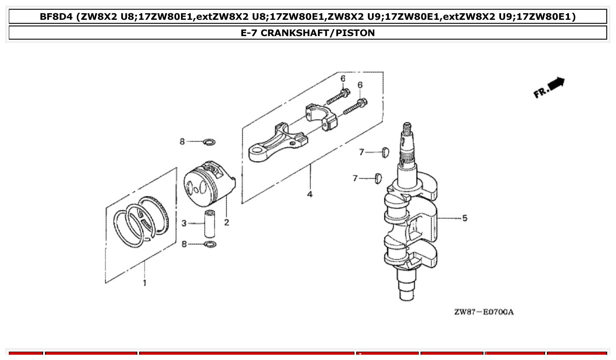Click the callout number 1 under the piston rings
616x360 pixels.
[x=144, y=283]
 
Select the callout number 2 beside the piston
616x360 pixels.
[x=226, y=223]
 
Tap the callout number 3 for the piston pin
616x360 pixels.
[x=184, y=224]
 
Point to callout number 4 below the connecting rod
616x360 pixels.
[x=310, y=194]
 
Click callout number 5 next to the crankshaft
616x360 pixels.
[x=465, y=218]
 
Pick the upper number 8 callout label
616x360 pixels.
[x=182, y=142]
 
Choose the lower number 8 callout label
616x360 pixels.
[x=184, y=244]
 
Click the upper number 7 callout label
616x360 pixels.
[x=361, y=152]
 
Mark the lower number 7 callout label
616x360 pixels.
[x=355, y=178]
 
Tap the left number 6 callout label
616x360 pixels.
[x=343, y=78]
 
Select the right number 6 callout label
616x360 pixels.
[x=360, y=84]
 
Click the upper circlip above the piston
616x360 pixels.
[x=210, y=142]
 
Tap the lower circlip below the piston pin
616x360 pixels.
[x=210, y=244]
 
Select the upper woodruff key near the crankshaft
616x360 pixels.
[x=386, y=152]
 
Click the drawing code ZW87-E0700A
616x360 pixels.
[x=483, y=312]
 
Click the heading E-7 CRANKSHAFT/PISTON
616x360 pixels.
[x=308, y=33]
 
